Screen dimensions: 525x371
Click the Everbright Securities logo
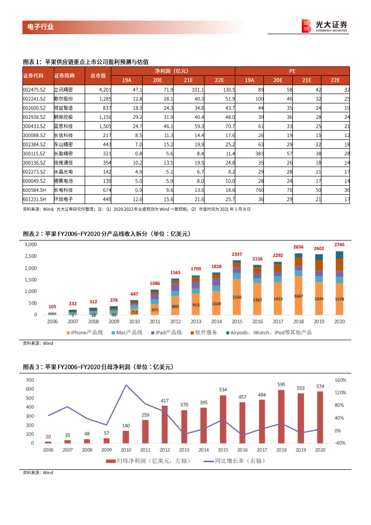click(324, 26)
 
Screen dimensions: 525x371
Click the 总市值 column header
click(98, 75)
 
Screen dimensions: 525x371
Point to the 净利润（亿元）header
click(171, 71)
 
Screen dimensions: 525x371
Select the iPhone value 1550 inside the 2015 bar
click(237, 298)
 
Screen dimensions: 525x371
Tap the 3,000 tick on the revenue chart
click(30, 245)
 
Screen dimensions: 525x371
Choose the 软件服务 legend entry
click(204, 332)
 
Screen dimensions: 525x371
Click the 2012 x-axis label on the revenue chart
click(175, 322)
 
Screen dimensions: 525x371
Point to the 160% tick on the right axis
click(340, 380)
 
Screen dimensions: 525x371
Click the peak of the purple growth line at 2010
click(125, 385)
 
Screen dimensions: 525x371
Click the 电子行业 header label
click(38, 27)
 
